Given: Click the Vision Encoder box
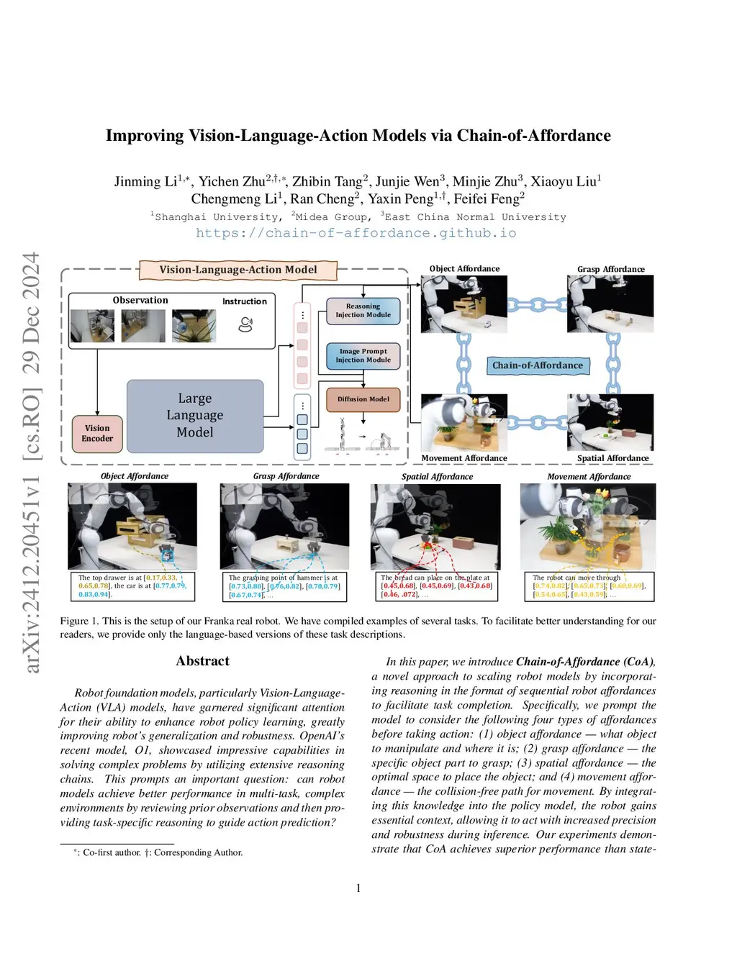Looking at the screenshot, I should click(x=97, y=433).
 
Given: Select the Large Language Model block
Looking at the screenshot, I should click(x=195, y=416).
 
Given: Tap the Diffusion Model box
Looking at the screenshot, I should click(x=363, y=399).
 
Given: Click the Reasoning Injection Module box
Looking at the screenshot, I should click(x=363, y=311).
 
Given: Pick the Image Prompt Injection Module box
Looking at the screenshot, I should click(x=363, y=356).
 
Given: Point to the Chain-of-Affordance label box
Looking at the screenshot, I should click(x=538, y=365).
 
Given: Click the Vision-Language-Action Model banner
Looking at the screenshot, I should click(x=238, y=270).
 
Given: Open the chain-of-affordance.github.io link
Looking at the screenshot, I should click(x=356, y=233).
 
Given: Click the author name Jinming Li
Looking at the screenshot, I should click(x=145, y=181).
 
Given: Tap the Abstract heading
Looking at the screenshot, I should click(x=202, y=661).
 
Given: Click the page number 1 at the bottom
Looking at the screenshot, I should click(x=358, y=888).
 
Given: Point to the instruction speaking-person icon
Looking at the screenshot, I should click(x=245, y=324).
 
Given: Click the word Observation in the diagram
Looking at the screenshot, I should click(x=140, y=301).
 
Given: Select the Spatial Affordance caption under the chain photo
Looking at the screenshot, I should click(x=612, y=458).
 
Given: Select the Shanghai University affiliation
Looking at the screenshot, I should click(x=217, y=217).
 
